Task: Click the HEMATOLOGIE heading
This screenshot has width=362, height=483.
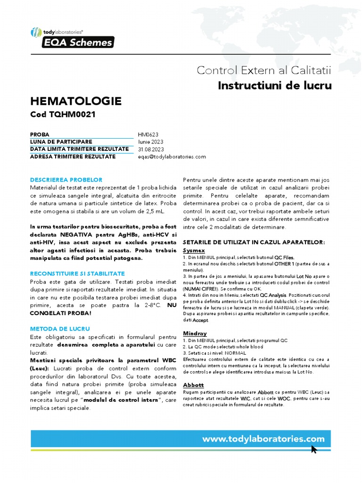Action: [x=75, y=101]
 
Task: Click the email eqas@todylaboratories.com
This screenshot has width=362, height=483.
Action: [x=172, y=157]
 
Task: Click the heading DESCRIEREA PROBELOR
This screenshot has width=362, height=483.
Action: [x=66, y=180]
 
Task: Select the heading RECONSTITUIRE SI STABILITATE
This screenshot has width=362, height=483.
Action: [x=77, y=274]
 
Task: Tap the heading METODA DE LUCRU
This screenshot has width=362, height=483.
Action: [x=60, y=328]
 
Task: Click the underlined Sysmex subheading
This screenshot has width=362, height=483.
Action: [x=194, y=250]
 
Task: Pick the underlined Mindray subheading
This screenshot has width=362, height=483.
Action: [x=195, y=333]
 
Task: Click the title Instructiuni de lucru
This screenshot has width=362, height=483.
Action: [x=275, y=85]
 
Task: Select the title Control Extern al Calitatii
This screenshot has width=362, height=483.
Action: [x=264, y=70]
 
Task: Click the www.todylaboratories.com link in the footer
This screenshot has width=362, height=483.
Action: [x=263, y=439]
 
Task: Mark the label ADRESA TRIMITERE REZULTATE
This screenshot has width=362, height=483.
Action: [x=73, y=157]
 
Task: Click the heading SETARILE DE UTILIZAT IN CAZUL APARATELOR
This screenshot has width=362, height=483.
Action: [x=254, y=242]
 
